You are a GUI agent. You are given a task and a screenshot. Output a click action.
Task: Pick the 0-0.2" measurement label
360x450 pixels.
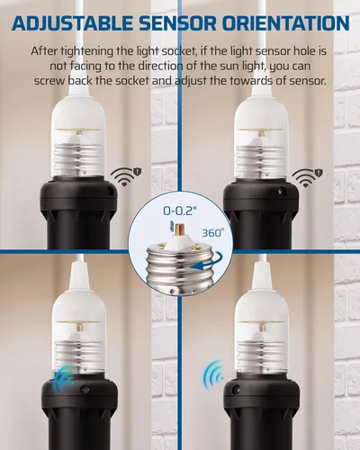coord(180,210)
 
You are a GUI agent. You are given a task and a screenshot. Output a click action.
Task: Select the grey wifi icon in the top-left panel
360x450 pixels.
coord(120,175)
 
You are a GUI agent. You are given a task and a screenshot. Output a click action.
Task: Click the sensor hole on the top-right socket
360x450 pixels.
coord(283,190)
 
